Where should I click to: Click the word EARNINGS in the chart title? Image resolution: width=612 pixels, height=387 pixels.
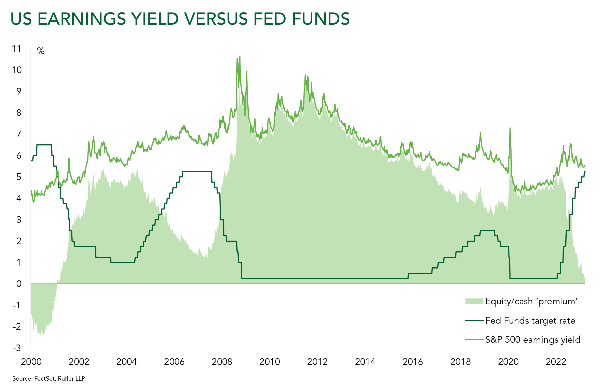pyautogui.click(x=82, y=19)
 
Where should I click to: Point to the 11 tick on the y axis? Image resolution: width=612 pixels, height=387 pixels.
pyautogui.click(x=17, y=48)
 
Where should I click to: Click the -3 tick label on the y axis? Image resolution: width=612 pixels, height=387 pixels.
pyautogui.click(x=17, y=348)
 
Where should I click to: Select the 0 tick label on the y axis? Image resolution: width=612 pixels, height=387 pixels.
pyautogui.click(x=19, y=284)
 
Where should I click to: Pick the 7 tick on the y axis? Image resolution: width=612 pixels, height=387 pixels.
pyautogui.click(x=19, y=134)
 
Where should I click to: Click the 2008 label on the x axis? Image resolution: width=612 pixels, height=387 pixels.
pyautogui.click(x=222, y=362)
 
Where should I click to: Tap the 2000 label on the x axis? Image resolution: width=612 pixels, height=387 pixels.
pyautogui.click(x=31, y=362)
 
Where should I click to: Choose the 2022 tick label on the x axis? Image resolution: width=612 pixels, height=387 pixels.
pyautogui.click(x=556, y=362)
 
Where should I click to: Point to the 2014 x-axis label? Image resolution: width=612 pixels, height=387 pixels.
pyautogui.click(x=365, y=362)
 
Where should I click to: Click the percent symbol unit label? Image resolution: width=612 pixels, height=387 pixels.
pyautogui.click(x=41, y=51)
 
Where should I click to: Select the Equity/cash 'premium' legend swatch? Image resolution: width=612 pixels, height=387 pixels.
pyautogui.click(x=474, y=301)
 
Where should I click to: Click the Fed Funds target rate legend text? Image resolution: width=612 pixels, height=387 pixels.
pyautogui.click(x=530, y=321)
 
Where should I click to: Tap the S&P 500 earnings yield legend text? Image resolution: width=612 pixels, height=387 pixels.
pyautogui.click(x=533, y=340)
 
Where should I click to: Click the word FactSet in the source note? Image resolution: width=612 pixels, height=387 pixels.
pyautogui.click(x=45, y=379)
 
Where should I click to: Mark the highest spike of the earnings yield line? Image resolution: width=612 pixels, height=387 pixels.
pyautogui.click(x=240, y=57)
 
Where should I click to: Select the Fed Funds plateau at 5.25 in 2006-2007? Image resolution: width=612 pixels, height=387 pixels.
pyautogui.click(x=197, y=172)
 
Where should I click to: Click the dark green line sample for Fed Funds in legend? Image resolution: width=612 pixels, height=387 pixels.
pyautogui.click(x=474, y=320)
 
